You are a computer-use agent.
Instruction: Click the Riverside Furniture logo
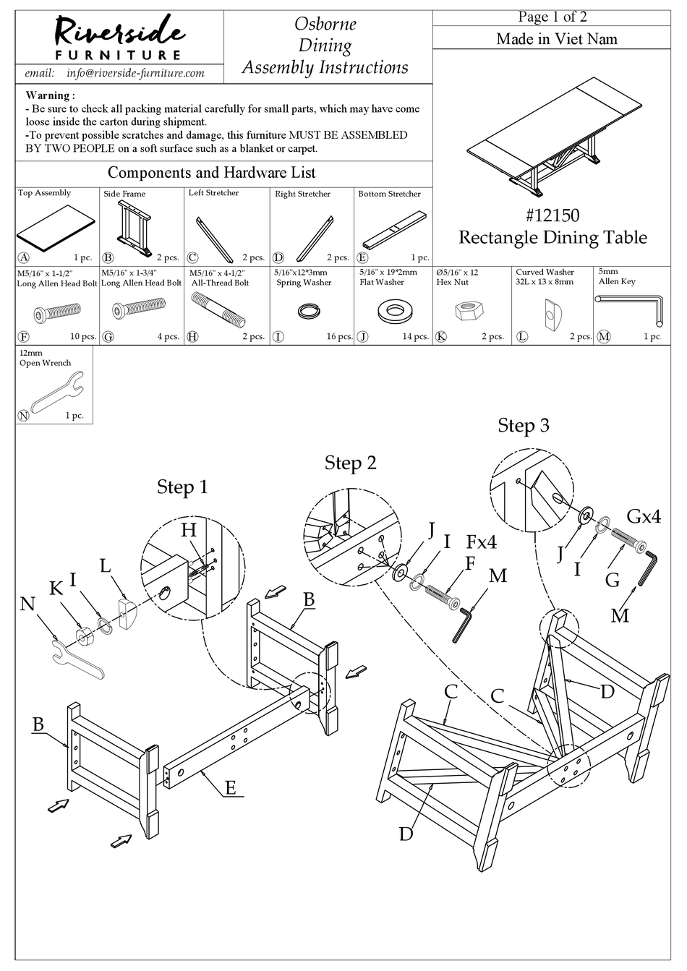120,36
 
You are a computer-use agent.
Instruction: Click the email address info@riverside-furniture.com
135,73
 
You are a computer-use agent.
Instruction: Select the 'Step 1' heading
182,487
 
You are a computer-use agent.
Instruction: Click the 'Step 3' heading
523,425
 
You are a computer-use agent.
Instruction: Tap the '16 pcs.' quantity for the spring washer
336,337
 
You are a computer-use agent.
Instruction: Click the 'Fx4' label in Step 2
481,541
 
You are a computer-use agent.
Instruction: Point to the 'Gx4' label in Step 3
643,516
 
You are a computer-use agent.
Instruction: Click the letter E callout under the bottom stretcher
230,787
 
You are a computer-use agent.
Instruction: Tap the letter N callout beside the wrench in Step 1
27,602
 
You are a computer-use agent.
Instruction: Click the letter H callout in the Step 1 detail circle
189,530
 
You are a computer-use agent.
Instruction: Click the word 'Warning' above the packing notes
50,95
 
